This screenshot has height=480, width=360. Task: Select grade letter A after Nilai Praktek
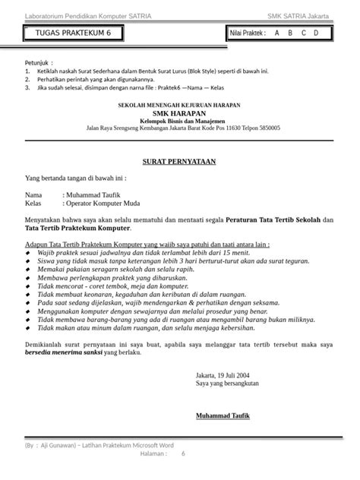click(x=276, y=34)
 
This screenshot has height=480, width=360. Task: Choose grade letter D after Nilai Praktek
click(x=316, y=34)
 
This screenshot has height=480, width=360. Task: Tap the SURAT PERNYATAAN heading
click(x=179, y=162)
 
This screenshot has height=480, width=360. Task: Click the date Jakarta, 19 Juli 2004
click(x=228, y=375)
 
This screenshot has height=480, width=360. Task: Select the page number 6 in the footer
click(x=182, y=453)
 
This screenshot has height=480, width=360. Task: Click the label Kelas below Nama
click(x=33, y=203)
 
